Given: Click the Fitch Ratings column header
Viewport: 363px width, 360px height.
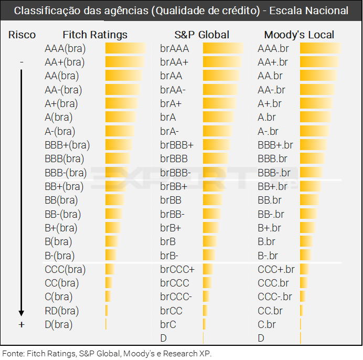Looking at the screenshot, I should point(95,35).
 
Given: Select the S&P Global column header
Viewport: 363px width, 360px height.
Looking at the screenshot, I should point(202,35).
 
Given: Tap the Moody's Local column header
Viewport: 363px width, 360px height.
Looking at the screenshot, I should point(299,35).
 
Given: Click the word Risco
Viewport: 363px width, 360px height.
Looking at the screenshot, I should point(22,35).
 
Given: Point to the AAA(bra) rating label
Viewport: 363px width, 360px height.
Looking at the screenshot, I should point(65,49).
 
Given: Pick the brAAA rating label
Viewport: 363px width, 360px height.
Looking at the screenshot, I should point(175,49).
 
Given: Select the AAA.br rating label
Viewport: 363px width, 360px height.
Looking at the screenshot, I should point(273,49).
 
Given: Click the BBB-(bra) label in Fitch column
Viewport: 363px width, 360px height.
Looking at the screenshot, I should point(66,173).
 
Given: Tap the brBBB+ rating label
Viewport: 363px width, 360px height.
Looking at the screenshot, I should point(177,145).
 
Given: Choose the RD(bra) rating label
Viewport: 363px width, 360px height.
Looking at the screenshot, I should point(62,311).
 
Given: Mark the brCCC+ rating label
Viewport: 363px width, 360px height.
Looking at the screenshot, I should point(177,269).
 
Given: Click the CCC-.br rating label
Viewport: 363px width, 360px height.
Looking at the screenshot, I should point(275,297).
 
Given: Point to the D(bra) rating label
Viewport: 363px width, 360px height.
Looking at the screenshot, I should point(59,324).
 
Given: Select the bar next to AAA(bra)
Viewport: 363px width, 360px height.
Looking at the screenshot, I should point(125,49).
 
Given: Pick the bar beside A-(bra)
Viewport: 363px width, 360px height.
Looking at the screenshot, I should point(120,131).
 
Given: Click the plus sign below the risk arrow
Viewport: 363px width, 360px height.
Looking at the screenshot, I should point(22,325).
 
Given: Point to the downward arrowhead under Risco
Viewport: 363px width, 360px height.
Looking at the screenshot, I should point(22,313).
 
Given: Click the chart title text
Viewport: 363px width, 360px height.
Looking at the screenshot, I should point(181,10).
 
